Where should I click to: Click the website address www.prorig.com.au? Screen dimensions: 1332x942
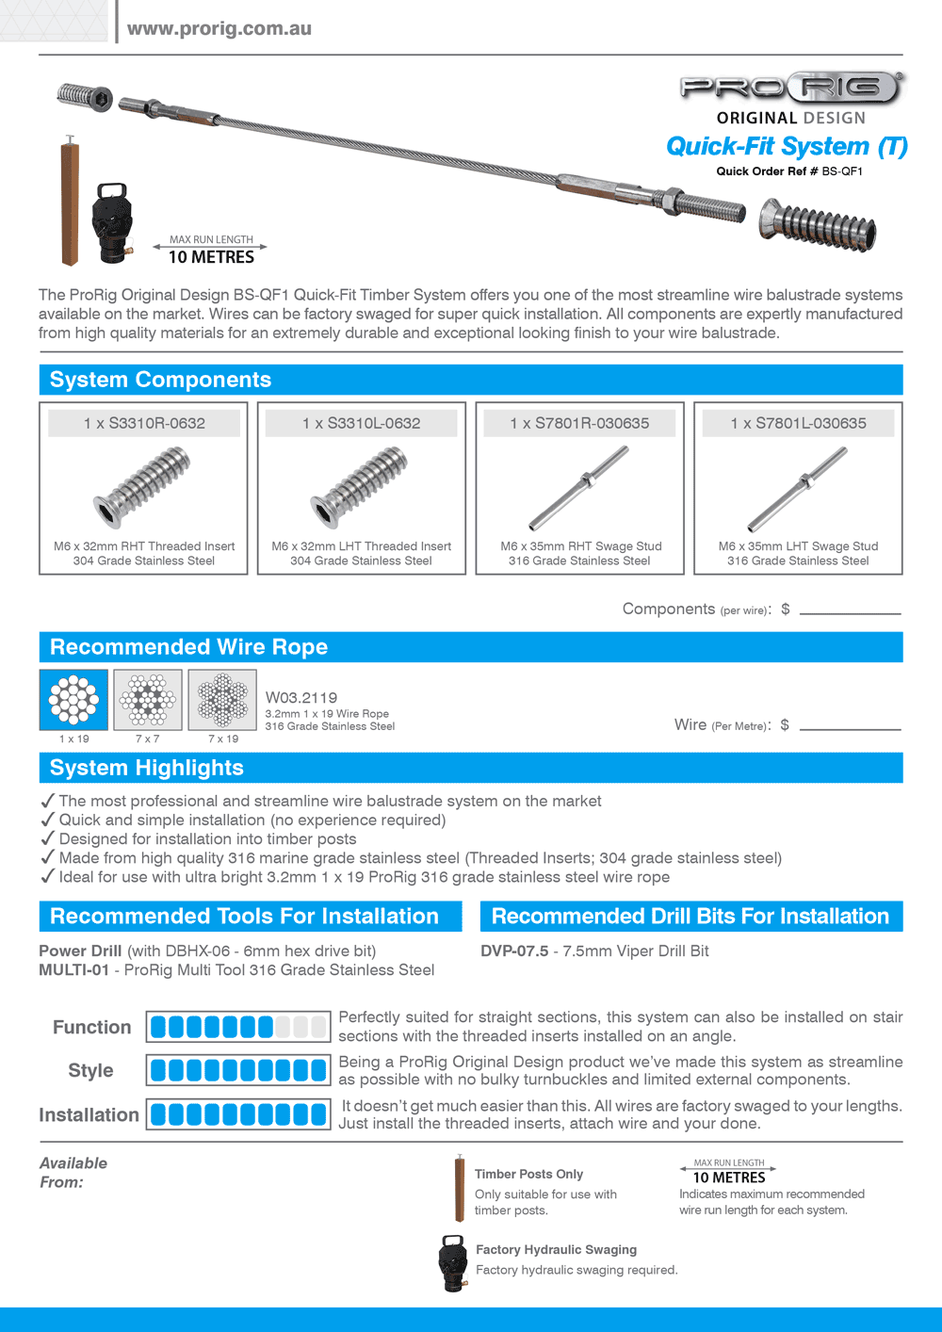point(219,28)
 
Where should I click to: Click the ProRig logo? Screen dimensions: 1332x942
point(791,89)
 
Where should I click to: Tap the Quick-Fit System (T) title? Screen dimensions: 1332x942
point(787,147)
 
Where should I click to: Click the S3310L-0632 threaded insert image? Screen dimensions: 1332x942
point(361,486)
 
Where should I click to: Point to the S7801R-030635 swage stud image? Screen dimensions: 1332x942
point(579,487)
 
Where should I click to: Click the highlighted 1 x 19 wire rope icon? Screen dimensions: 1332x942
point(73,699)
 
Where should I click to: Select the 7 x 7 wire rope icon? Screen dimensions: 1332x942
point(147,699)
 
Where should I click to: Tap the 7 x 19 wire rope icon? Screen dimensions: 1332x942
point(222,699)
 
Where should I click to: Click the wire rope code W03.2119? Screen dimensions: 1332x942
point(301,698)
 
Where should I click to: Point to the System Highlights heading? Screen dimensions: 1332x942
point(147,768)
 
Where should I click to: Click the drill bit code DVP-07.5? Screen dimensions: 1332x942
point(514,951)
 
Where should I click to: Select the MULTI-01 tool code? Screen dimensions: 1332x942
point(73,970)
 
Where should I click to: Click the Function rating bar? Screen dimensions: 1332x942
point(238,1027)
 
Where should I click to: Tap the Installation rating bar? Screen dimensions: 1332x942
point(238,1114)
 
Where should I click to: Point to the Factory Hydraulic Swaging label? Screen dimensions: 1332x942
point(556,1250)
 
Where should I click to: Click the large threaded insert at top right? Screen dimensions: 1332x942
point(818,226)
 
